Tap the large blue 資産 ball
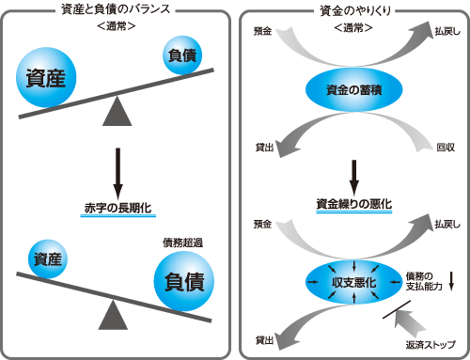click(49, 78)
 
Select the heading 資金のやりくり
click(353, 11)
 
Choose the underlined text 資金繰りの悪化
click(353, 203)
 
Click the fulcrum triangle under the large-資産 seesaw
click(117, 113)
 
